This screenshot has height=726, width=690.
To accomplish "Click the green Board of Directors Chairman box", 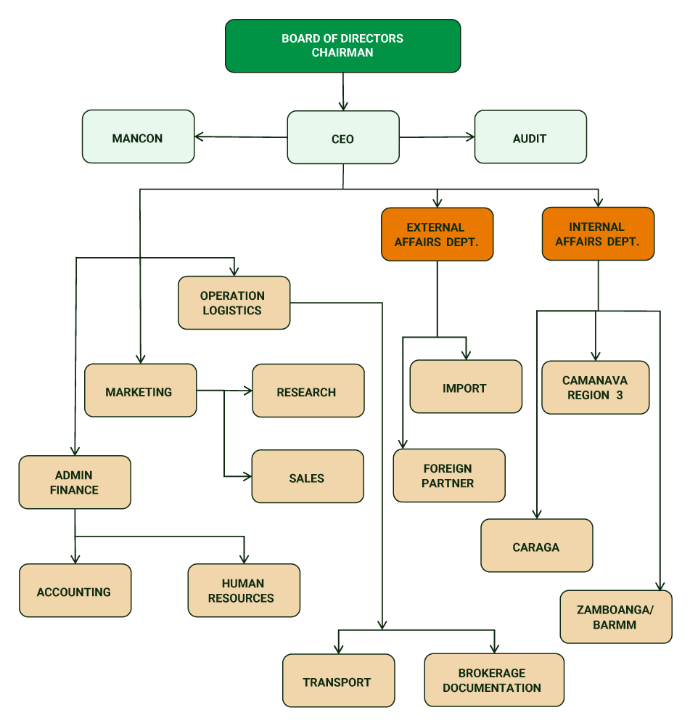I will (342, 46).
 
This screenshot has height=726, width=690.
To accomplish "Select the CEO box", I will (343, 137).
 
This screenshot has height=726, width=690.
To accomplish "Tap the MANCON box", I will (138, 136).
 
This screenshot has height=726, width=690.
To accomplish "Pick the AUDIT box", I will (530, 136).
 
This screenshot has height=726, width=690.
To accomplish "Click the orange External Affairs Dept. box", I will (437, 234).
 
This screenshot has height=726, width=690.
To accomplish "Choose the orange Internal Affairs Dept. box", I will (598, 234).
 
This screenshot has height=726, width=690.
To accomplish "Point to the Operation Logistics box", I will (234, 303).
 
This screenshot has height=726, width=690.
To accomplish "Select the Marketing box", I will (140, 391).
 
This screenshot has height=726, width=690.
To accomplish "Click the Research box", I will (308, 391).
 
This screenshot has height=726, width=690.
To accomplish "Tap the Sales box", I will (308, 476).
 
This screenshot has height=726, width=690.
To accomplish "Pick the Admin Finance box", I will (75, 482).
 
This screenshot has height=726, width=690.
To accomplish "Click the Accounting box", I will (75, 590).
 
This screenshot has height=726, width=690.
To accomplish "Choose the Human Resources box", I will (243, 590).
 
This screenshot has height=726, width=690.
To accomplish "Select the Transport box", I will (338, 680).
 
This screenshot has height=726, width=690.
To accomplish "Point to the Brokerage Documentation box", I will (493, 680).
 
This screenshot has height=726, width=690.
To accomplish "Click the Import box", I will (465, 386).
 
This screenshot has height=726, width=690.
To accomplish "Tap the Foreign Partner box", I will (448, 476).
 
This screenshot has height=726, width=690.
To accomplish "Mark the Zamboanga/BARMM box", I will (615, 616).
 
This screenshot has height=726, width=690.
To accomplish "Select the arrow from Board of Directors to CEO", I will (343, 91).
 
